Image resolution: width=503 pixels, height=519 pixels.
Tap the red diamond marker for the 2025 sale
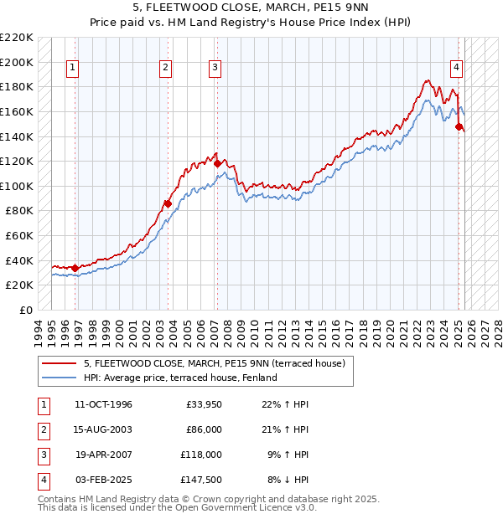point(459,127)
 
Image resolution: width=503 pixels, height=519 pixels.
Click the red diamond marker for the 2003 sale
point(168,203)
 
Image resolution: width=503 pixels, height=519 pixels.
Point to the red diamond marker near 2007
point(217,164)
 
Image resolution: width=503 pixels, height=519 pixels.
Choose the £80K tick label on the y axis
point(19,211)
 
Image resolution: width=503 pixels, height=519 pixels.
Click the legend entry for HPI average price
point(180,378)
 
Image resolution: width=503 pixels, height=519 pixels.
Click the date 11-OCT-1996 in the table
point(103,404)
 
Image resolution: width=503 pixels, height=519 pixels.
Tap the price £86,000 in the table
point(203,429)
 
